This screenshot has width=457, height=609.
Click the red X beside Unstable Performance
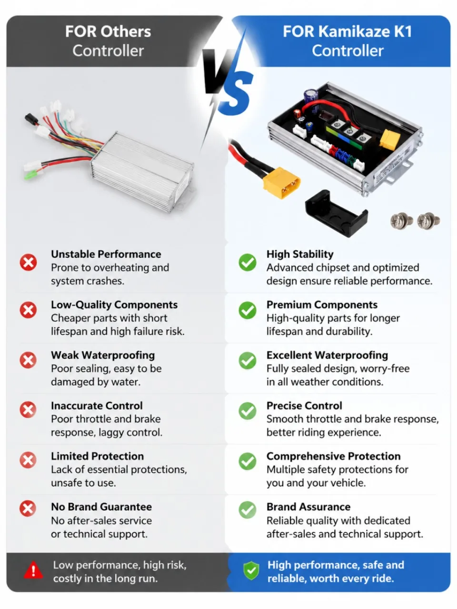pyautogui.click(x=28, y=262)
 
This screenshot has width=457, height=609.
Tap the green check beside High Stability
pyautogui.click(x=247, y=262)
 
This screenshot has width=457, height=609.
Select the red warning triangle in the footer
pyautogui.click(x=33, y=570)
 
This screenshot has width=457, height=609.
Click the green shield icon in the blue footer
pyautogui.click(x=251, y=570)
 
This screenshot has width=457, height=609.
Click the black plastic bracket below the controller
pyautogui.click(x=336, y=213)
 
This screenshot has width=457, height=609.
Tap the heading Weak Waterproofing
pyautogui.click(x=103, y=355)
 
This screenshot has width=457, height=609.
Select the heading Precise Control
pyautogui.click(x=304, y=406)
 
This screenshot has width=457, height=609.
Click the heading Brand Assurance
pyautogui.click(x=308, y=507)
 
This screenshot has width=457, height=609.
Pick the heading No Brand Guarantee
pyautogui.click(x=101, y=507)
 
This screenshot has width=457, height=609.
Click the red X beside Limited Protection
pyautogui.click(x=28, y=460)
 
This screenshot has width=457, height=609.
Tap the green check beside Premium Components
pyautogui.click(x=247, y=310)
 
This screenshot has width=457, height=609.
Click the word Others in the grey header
pyautogui.click(x=126, y=31)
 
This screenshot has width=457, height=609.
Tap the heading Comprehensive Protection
pyautogui.click(x=334, y=456)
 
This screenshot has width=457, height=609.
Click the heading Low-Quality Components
pyautogui.click(x=114, y=304)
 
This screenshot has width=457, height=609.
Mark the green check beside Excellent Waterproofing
pyautogui.click(x=247, y=361)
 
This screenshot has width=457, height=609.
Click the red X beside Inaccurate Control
pyautogui.click(x=28, y=410)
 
